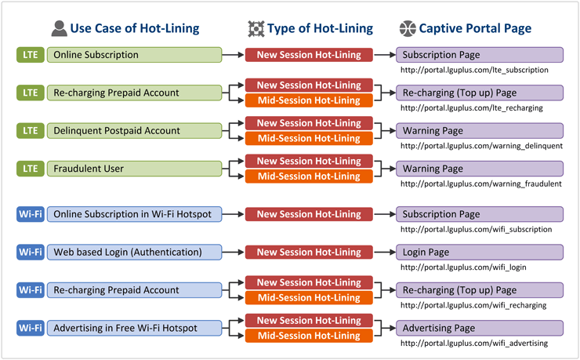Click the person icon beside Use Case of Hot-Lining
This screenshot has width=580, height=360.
pos(60,28)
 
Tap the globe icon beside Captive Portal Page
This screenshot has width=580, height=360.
pos(408,28)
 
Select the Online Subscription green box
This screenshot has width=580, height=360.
pos(134,55)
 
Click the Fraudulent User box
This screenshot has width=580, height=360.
pos(134,169)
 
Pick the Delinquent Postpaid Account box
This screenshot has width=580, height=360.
pos(134,131)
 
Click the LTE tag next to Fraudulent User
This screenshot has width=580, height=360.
pos(31,169)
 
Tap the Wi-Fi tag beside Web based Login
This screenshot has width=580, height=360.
pos(31,253)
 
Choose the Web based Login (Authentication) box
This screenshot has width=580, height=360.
pos(134,253)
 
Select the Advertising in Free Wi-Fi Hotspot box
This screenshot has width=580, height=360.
pos(134,328)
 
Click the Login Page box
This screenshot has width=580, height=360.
pos(480,253)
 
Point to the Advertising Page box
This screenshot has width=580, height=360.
pos(480,328)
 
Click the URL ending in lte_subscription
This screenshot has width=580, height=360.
pos(474,70)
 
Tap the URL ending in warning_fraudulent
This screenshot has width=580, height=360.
pos(481,184)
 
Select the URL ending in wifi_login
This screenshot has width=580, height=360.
pos(463,267)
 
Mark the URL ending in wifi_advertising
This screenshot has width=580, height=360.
pos(474,344)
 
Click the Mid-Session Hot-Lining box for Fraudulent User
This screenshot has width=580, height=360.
pos(309,176)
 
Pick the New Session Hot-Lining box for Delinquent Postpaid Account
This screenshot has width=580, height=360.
pos(309,123)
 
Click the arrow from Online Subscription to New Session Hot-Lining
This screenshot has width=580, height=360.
pos(233,55)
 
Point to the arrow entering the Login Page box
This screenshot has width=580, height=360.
pos(385,253)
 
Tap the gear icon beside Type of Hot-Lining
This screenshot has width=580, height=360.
pos(256,28)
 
